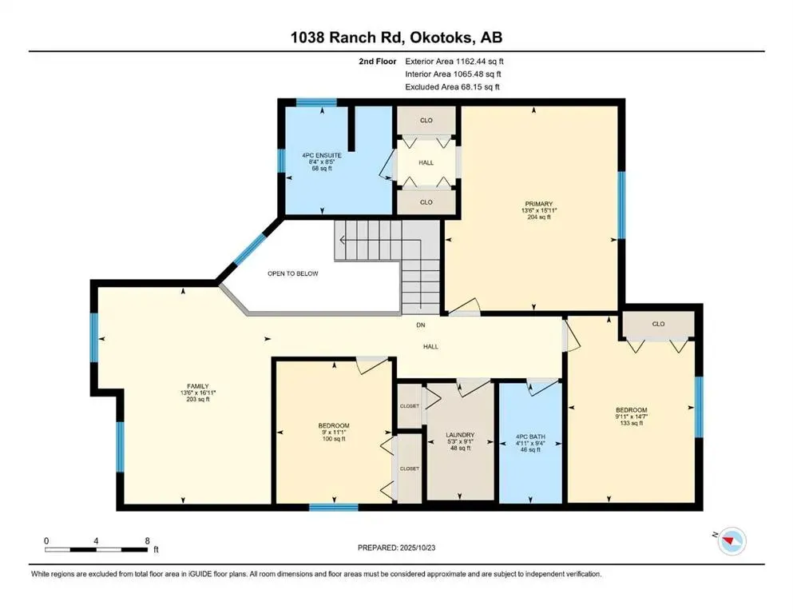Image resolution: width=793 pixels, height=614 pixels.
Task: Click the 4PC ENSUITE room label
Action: [321, 154]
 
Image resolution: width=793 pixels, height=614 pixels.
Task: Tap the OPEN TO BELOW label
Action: [292, 273]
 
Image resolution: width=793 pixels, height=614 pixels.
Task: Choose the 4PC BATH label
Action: [530, 437]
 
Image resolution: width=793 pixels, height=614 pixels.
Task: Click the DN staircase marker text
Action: [421, 325]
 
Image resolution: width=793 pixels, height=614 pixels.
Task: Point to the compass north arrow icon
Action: [730, 543]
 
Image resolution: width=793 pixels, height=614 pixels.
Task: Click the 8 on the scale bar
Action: [147, 541]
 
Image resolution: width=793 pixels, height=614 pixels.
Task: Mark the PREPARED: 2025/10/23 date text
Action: [396, 548]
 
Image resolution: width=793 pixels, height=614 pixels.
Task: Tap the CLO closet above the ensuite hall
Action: [426, 120]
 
